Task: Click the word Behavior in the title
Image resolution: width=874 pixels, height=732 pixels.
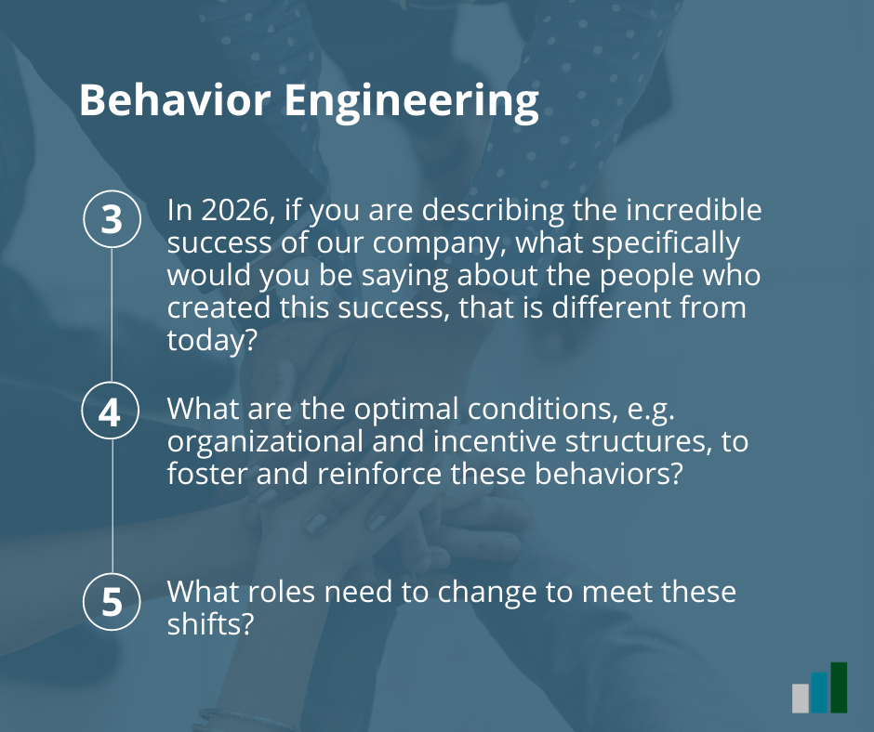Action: [175, 99]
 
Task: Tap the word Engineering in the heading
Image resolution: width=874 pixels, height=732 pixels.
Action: [412, 102]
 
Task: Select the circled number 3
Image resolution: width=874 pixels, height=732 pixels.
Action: [112, 218]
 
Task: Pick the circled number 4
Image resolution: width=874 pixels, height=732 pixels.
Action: [111, 412]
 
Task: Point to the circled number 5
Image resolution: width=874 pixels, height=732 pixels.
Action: [112, 602]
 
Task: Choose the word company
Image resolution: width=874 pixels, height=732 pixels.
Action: [439, 244]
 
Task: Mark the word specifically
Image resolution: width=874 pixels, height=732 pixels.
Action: [666, 244]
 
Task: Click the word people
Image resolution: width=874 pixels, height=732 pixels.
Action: [646, 276]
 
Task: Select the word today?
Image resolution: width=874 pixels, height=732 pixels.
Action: [212, 340]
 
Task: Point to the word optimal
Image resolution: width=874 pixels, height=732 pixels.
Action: [406, 410]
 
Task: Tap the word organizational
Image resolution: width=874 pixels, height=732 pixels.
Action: [265, 442]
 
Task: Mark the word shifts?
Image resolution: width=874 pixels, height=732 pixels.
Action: [211, 624]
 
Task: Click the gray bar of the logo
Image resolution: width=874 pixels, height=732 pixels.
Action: [801, 698]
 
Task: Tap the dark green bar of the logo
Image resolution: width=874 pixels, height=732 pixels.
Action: [839, 687]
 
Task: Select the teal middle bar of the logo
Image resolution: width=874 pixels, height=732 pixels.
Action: [819, 692]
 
